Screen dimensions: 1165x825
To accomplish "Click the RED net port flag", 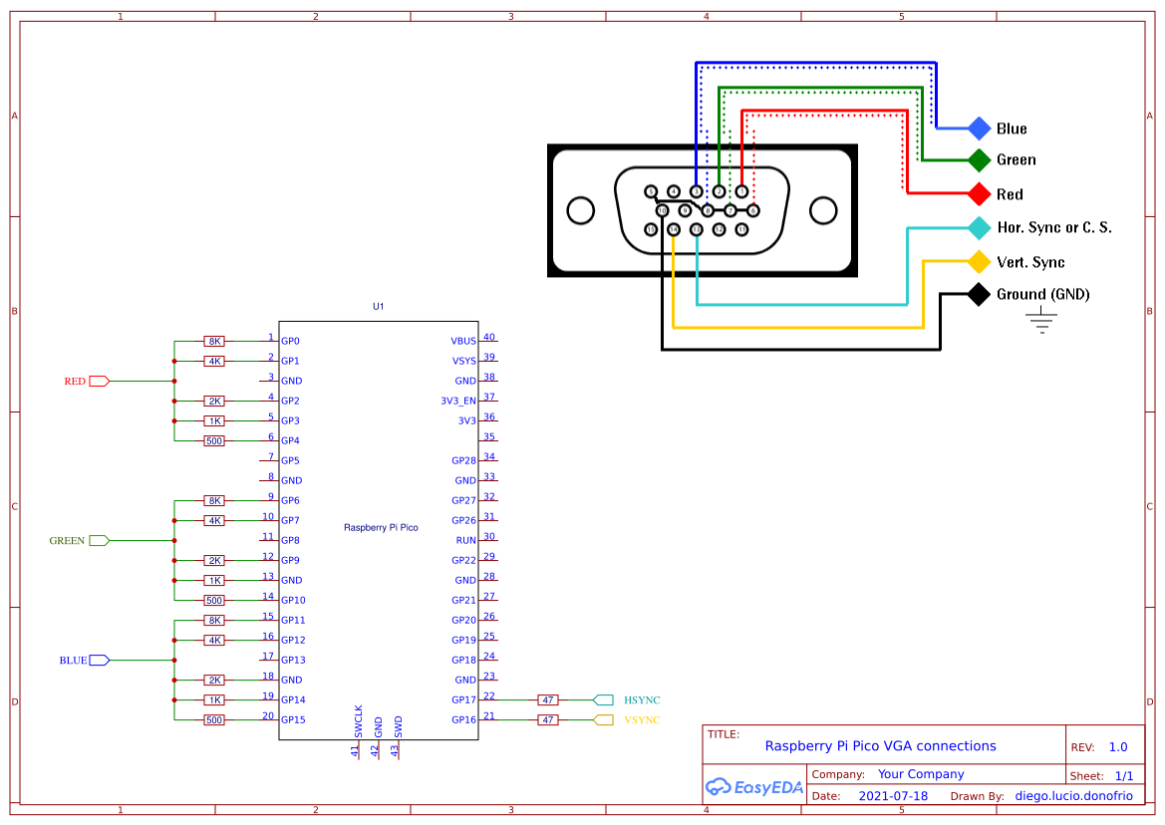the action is click(x=99, y=381).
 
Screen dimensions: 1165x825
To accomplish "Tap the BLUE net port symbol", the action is click(x=99, y=661).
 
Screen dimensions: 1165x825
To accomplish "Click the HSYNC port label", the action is click(x=642, y=700).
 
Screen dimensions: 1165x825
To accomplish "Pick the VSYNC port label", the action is click(x=642, y=720).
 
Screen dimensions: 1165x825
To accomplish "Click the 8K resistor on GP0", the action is click(x=214, y=342).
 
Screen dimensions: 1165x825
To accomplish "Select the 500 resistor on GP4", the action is click(x=214, y=441).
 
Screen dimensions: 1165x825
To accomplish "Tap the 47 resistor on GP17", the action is click(x=547, y=700).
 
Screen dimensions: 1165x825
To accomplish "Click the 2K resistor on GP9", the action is click(x=214, y=561).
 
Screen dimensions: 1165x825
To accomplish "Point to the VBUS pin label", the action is click(x=462, y=341).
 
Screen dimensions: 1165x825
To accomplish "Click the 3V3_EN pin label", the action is click(x=457, y=401).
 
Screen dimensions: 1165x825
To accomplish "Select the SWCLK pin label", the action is click(x=359, y=721).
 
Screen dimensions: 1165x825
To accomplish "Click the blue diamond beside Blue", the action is click(x=980, y=129).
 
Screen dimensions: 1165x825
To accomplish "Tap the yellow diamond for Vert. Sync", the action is click(x=980, y=261).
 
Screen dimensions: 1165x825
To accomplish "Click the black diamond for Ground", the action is click(x=980, y=294).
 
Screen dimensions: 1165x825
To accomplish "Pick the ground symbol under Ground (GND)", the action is click(x=1041, y=321).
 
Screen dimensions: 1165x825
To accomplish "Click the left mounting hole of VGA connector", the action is click(x=580, y=210).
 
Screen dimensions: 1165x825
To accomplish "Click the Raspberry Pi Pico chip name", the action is click(x=381, y=527).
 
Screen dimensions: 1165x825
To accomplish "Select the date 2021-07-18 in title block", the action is click(x=893, y=796).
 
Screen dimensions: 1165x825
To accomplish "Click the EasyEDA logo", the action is click(x=754, y=786).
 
